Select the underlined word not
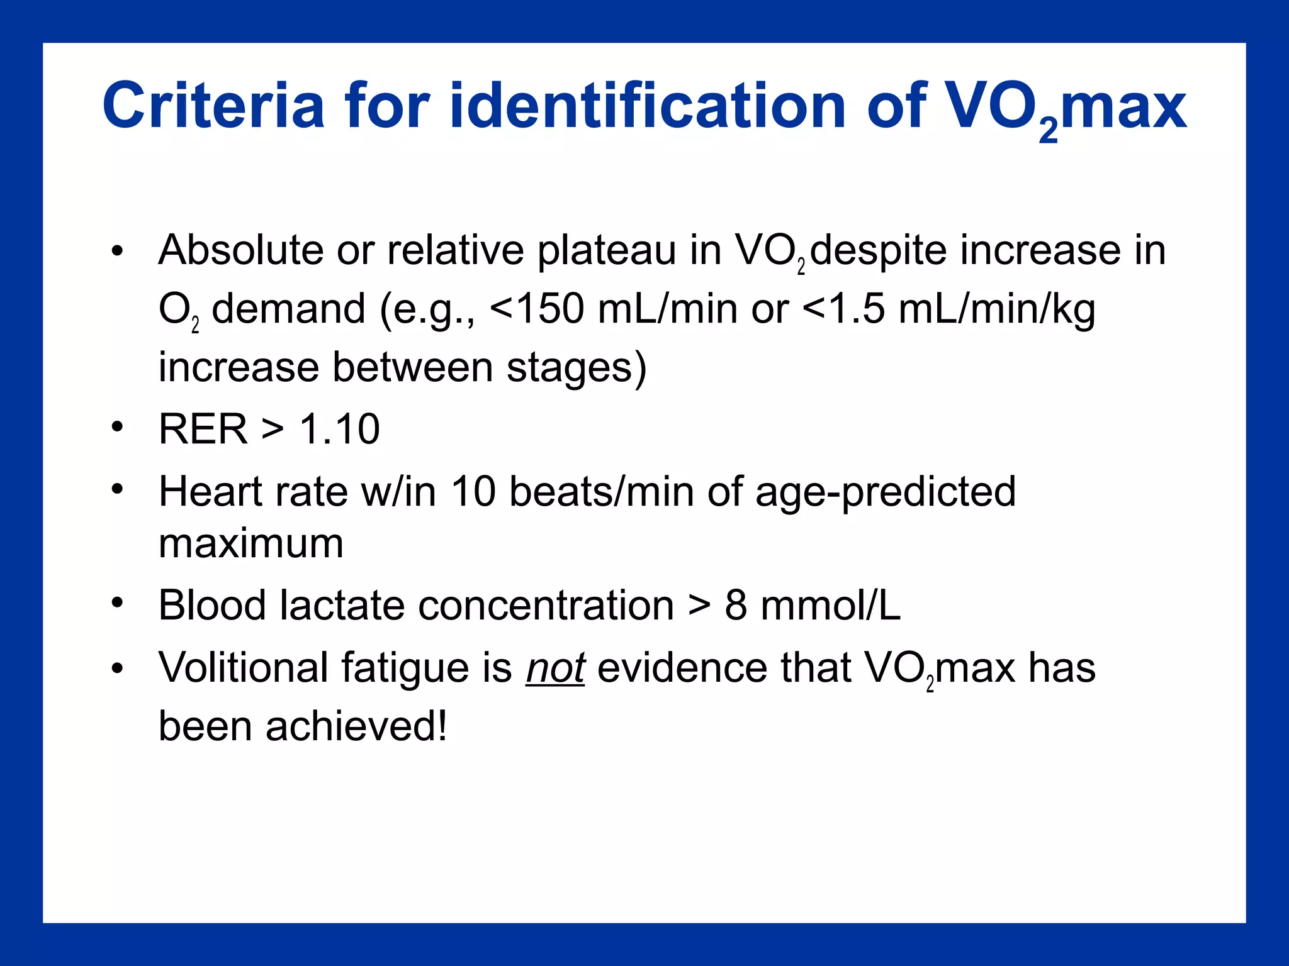click(555, 667)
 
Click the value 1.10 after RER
click(339, 430)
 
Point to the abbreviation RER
click(203, 430)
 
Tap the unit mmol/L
click(830, 605)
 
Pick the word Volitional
click(243, 667)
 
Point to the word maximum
click(250, 543)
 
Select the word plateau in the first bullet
click(606, 250)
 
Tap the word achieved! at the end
click(356, 726)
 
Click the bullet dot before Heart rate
click(117, 489)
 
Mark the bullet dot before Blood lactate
click(117, 602)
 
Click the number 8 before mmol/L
click(736, 605)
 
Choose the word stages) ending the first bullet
click(577, 368)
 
